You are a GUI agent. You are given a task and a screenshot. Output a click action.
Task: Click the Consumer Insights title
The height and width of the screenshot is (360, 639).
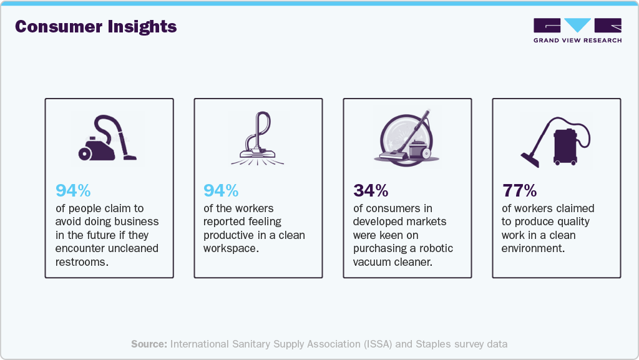coord(95,27)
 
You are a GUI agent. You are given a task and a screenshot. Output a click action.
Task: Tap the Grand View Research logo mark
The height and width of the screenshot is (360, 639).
coord(577,26)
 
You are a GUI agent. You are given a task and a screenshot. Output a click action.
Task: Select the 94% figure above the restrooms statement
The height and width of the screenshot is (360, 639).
coord(73,190)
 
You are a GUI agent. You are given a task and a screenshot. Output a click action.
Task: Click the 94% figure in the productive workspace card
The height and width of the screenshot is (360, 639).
coord(221,190)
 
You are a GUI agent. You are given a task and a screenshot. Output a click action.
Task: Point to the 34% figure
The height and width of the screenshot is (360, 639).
coord(370,190)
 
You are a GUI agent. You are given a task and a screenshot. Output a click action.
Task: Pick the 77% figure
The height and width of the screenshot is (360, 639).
coord(519,190)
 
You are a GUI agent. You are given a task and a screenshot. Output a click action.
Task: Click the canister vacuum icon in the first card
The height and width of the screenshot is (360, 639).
coord(107,139)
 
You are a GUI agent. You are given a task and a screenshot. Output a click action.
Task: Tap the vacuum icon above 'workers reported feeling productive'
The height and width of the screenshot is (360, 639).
coord(258,139)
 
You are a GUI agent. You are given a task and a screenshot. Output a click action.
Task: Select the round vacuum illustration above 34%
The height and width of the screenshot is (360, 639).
coord(406,139)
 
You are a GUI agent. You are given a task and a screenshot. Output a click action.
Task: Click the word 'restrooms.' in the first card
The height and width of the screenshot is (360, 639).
coord(81,263)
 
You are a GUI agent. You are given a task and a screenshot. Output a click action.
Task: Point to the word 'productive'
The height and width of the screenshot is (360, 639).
coord(230,235)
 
